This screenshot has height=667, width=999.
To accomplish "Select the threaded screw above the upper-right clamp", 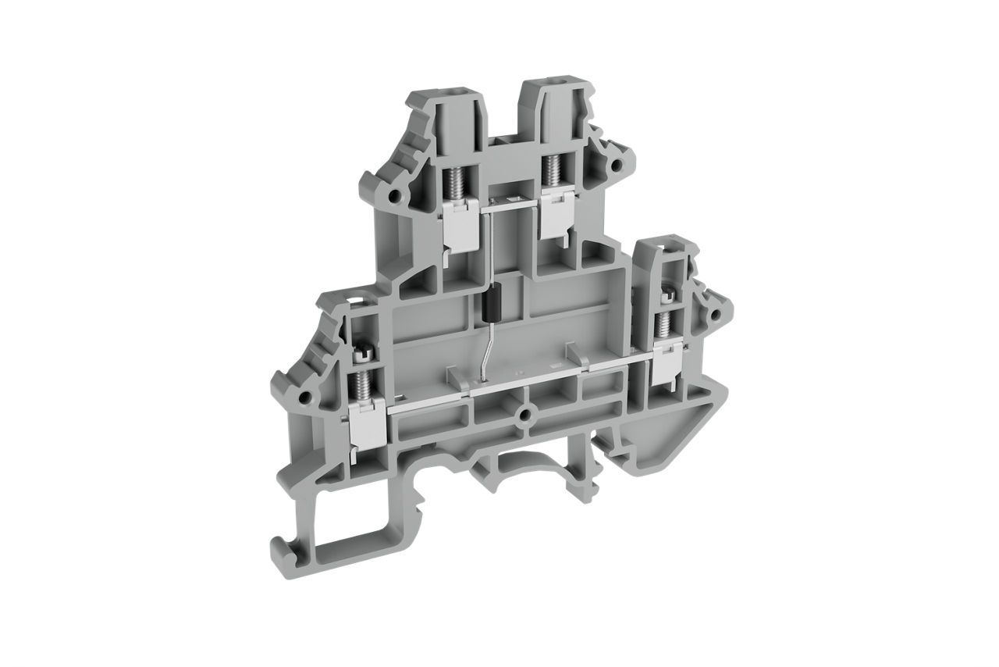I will [x=555, y=168].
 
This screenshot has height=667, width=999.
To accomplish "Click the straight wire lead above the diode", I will [x=492, y=250].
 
